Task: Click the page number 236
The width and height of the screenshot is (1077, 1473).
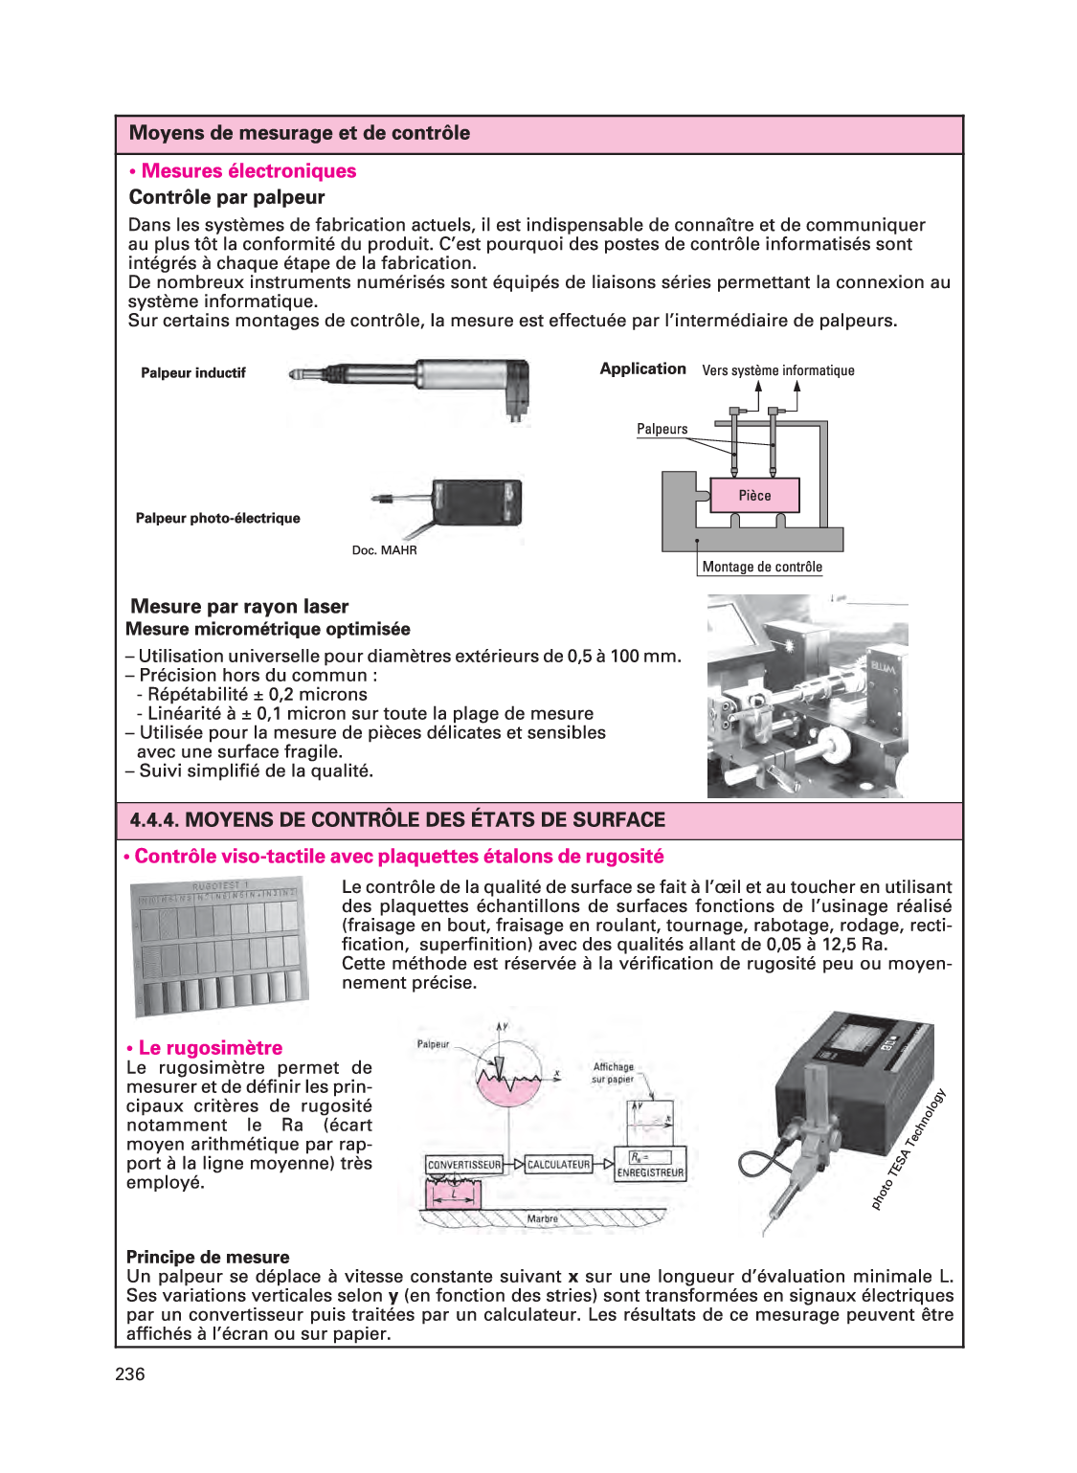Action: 130,1374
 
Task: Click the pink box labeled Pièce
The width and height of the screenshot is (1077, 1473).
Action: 754,495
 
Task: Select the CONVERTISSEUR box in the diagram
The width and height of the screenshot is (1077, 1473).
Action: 464,1165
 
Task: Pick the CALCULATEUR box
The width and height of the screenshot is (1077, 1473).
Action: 558,1165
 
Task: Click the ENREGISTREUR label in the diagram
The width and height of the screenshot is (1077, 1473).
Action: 650,1172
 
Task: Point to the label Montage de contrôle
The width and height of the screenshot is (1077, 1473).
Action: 762,567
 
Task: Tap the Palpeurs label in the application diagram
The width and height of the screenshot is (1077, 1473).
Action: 662,430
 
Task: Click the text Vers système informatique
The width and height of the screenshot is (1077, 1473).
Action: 777,370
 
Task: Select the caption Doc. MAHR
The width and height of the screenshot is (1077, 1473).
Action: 384,550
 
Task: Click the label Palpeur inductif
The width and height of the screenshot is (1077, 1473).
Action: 193,373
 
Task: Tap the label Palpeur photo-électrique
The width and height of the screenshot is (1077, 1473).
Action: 217,519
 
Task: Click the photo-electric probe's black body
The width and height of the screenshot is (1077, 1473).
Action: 476,502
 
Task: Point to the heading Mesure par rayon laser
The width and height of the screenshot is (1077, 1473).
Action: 239,607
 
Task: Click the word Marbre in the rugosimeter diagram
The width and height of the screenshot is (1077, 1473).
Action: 542,1219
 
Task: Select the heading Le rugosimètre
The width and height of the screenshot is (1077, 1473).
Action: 210,1048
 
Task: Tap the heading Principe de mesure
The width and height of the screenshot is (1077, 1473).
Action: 208,1258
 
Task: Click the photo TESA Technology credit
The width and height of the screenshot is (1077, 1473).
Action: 909,1149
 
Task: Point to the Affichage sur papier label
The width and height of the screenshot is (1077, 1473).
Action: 613,1073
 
